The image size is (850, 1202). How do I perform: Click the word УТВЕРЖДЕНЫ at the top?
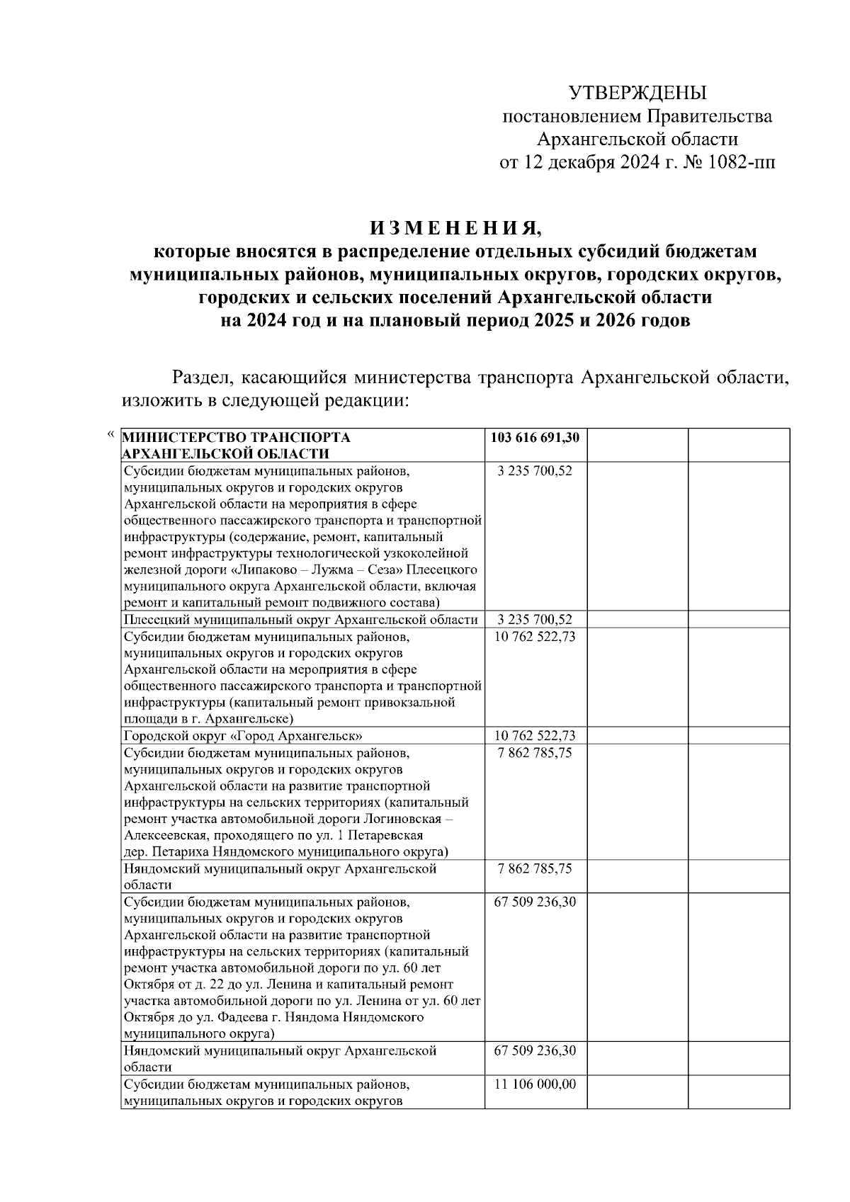pyautogui.click(x=638, y=93)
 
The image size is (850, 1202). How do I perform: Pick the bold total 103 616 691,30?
pyautogui.click(x=535, y=438)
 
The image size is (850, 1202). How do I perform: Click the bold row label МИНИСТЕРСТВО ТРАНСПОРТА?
pyautogui.click(x=237, y=438)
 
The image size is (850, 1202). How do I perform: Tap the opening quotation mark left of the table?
pyautogui.click(x=109, y=433)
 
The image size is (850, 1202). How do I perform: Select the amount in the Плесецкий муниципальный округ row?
pyautogui.click(x=535, y=620)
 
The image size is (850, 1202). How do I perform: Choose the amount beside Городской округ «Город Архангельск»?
pyautogui.click(x=535, y=736)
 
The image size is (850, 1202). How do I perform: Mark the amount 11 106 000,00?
pyautogui.click(x=535, y=1084)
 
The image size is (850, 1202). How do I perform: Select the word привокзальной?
pyautogui.click(x=409, y=703)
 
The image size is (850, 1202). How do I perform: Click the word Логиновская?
pyautogui.click(x=400, y=819)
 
